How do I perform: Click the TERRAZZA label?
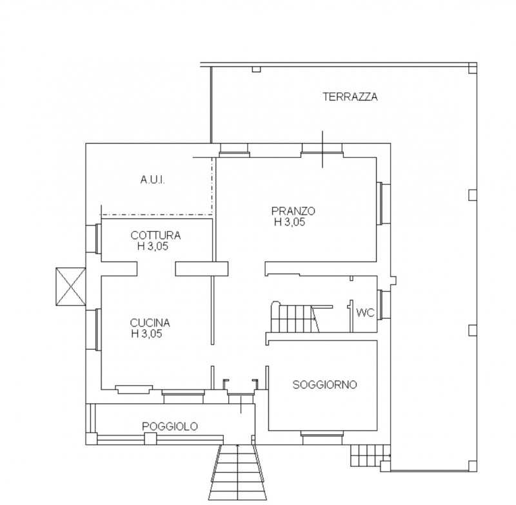350,97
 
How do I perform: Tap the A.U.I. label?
153,180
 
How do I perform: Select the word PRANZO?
293,211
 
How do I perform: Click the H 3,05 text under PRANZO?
290,222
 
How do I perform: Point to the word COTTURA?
155,235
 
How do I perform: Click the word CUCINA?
150,323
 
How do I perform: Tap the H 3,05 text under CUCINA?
147,334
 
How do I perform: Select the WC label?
365,313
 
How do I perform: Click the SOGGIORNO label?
325,385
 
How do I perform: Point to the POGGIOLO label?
170,426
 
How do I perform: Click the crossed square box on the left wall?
71,287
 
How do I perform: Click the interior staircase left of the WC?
295,318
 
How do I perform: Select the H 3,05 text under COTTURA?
153,246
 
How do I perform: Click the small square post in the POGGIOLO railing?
150,439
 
